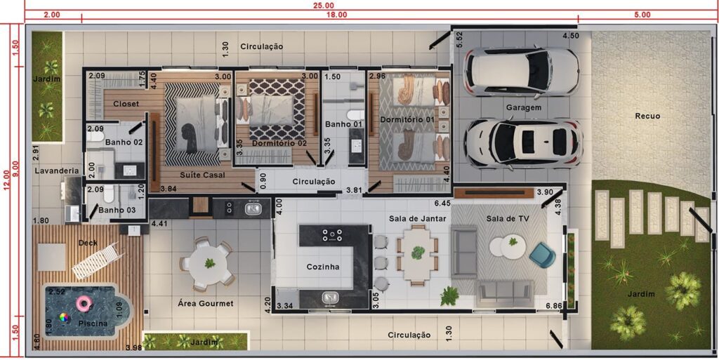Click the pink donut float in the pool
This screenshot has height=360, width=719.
tap(84, 303)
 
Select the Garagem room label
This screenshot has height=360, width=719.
tap(524, 107)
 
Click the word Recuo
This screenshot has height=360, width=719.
tap(647, 116)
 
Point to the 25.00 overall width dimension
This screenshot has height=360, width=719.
tap(324, 5)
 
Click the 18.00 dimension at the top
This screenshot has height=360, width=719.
tap(336, 15)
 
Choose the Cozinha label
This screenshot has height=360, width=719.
tap(323, 267)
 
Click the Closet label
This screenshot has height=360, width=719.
tap(126, 104)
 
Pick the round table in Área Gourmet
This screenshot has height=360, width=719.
tap(209, 264)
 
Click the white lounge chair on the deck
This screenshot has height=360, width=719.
tap(98, 260)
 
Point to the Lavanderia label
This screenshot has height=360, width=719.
tap(57, 171)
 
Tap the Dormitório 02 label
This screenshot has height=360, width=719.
tap(279, 143)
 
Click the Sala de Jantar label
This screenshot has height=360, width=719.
tap(417, 219)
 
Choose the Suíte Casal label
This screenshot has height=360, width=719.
tap(202, 175)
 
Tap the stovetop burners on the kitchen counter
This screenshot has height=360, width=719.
tap(332, 234)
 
